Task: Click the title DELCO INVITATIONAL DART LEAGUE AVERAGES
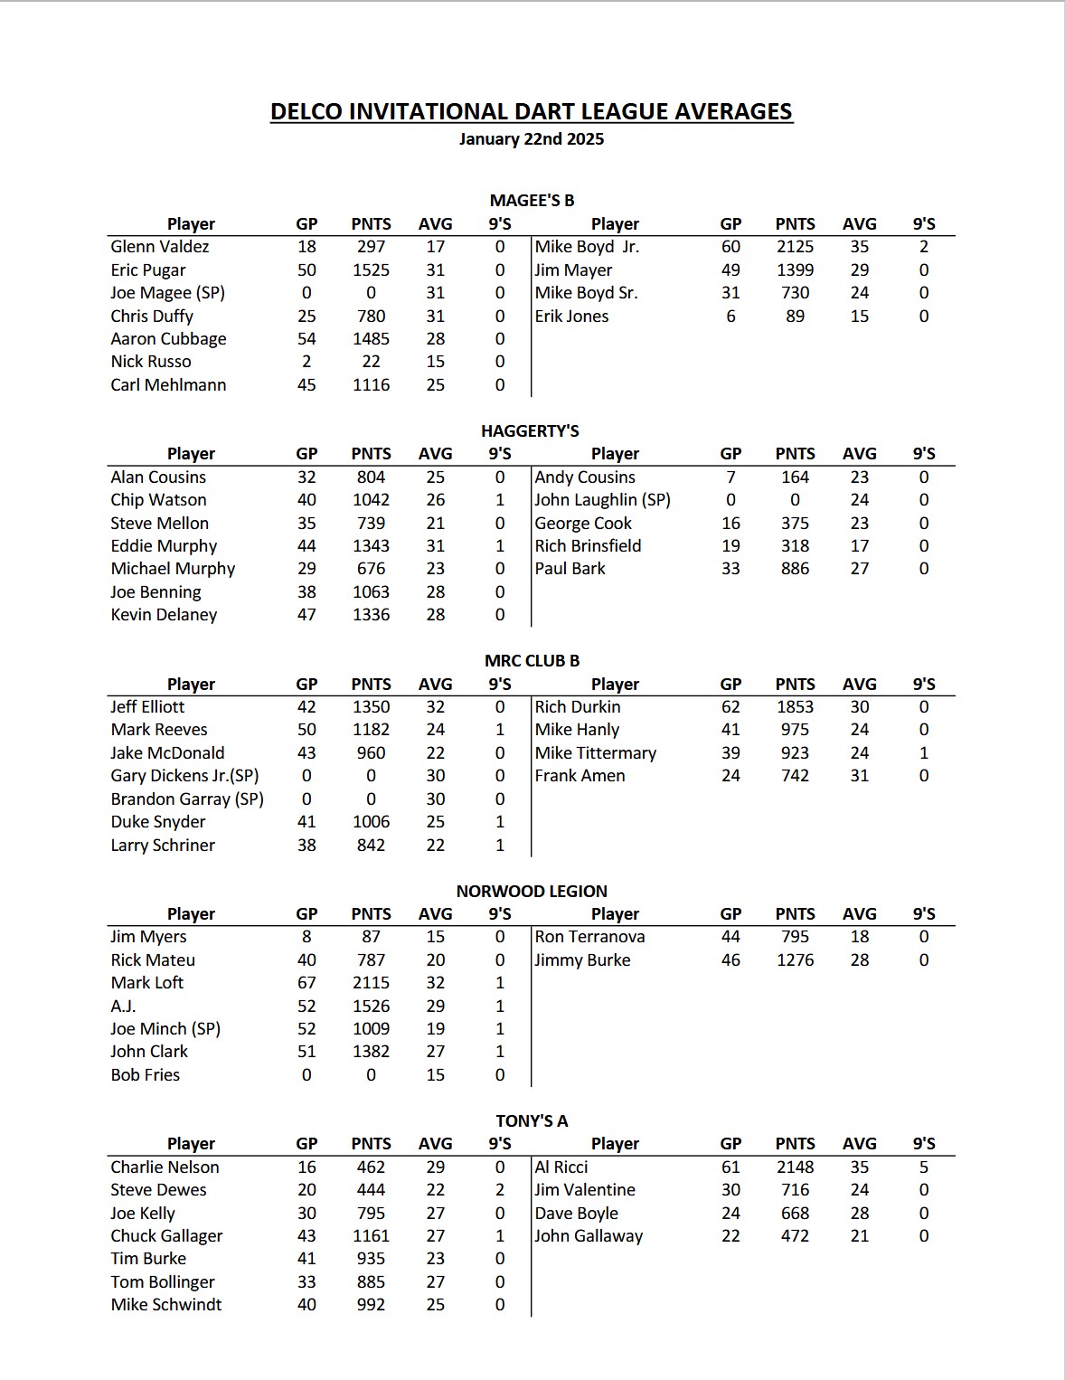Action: coord(532,111)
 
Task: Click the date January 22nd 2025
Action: coord(532,139)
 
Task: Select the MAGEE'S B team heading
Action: coord(532,200)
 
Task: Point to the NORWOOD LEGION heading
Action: coord(532,891)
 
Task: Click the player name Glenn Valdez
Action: coord(160,247)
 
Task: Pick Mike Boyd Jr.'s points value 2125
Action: coord(795,247)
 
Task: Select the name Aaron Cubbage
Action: coord(168,339)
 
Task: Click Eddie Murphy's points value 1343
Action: coord(371,546)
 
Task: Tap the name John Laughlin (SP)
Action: coord(602,500)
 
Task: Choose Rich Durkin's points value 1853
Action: coord(795,707)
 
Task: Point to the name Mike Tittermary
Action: coord(595,753)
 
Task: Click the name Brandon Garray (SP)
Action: coord(187,799)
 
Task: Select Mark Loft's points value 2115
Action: coord(371,983)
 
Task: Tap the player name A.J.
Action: coord(123,1006)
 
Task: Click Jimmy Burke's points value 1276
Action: coord(795,960)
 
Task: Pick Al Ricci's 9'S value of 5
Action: coord(923,1167)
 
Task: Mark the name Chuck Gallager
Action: coord(166,1236)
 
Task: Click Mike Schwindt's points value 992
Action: coord(371,1305)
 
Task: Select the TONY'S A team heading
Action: coord(532,1121)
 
